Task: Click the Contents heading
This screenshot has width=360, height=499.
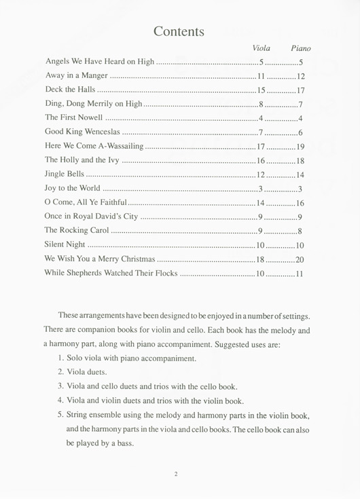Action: pyautogui.click(x=179, y=31)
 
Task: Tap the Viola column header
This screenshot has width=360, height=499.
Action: pyautogui.click(x=261, y=48)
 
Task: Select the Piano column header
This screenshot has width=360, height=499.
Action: pyautogui.click(x=300, y=48)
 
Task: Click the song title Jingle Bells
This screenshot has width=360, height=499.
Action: pyautogui.click(x=65, y=174)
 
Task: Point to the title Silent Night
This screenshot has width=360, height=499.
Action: pyautogui.click(x=66, y=245)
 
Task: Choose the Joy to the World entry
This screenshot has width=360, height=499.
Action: pyautogui.click(x=73, y=189)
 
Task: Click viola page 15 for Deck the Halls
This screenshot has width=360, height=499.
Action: pyautogui.click(x=261, y=90)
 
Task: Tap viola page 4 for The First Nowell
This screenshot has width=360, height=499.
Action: pyautogui.click(x=261, y=118)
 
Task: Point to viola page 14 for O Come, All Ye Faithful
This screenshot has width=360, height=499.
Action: pyautogui.click(x=260, y=203)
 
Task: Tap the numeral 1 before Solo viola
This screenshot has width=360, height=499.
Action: pyautogui.click(x=61, y=358)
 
